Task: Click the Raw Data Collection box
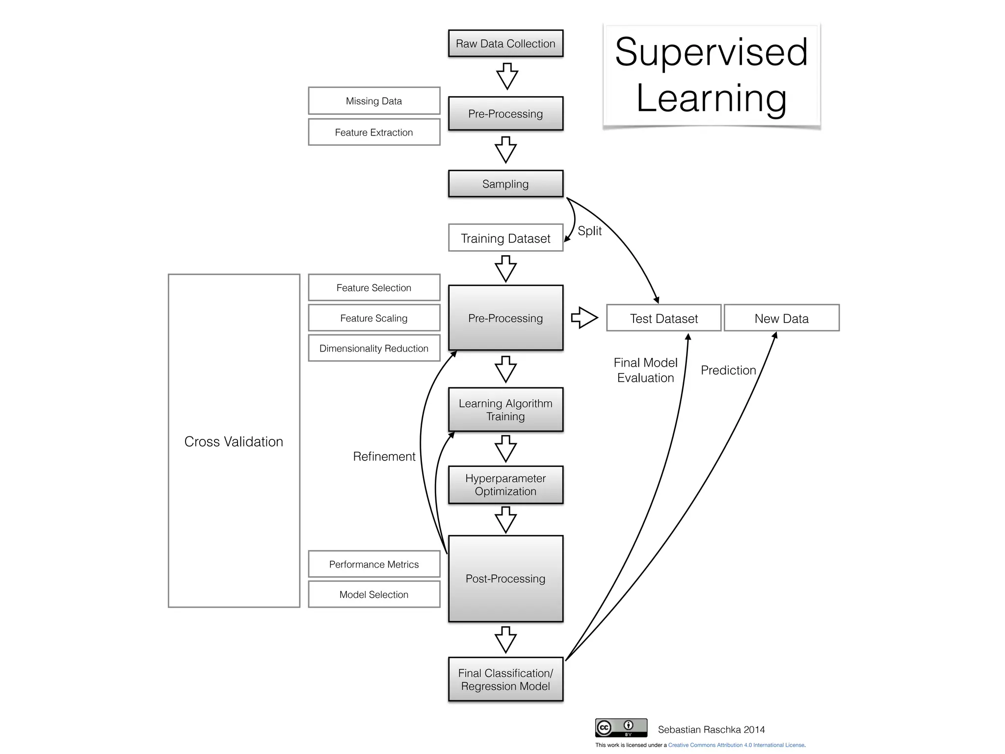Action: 505,43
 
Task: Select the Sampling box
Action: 505,184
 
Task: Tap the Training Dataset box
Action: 505,238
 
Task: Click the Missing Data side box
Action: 374,101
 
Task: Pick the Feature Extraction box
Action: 374,132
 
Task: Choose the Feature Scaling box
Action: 374,318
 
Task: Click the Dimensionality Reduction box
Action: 374,348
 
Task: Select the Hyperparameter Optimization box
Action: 505,485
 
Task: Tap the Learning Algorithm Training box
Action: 505,409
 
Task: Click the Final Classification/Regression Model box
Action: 505,679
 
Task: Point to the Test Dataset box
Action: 663,318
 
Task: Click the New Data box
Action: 781,318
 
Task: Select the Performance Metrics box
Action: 374,564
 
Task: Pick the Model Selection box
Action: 374,594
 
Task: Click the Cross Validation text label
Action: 234,441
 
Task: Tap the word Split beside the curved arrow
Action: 589,231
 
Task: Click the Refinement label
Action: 384,456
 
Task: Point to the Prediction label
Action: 728,370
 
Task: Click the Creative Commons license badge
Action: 621,727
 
